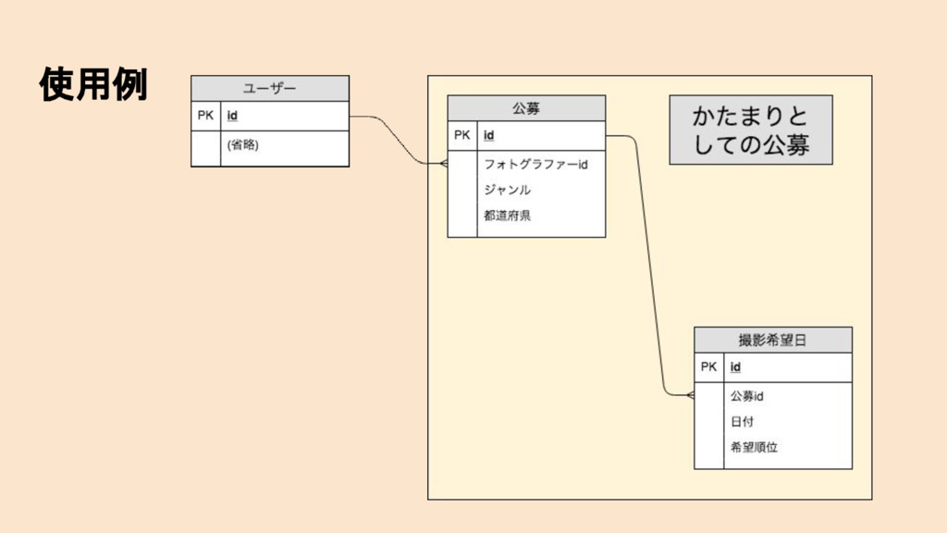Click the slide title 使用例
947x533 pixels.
(93, 85)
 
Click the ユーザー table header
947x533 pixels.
(270, 88)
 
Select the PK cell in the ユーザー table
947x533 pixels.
(205, 116)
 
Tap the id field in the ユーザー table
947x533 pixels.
(232, 116)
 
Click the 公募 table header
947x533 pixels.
(526, 107)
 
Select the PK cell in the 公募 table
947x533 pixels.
(462, 135)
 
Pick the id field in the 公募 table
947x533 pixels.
(488, 135)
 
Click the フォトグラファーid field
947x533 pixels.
(536, 165)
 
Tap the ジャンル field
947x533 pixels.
(507, 190)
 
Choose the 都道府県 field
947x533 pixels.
(507, 216)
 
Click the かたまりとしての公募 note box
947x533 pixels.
(751, 130)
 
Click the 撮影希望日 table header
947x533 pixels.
(773, 340)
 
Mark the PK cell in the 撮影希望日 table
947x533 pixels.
(708, 366)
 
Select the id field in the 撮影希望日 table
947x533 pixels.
(735, 366)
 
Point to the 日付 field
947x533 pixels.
(742, 421)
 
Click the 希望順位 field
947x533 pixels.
(754, 447)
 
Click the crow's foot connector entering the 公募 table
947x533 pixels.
(441, 164)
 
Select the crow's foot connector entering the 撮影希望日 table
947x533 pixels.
(688, 395)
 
